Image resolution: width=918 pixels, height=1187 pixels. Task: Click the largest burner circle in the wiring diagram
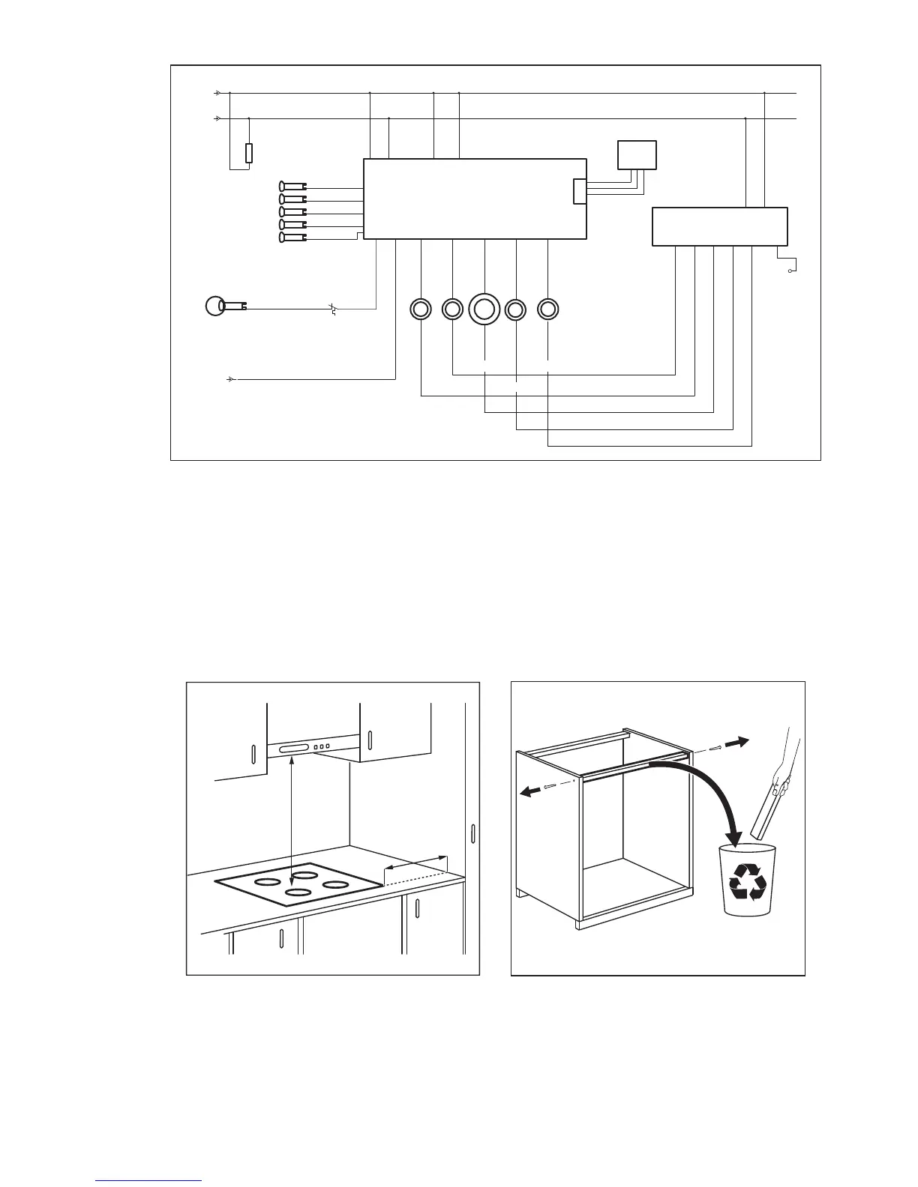[x=484, y=309]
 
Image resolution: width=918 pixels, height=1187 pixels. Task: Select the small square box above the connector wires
[x=637, y=155]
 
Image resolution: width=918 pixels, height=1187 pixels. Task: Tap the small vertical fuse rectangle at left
[x=249, y=153]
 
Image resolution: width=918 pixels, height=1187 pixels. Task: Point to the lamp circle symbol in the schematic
[x=214, y=306]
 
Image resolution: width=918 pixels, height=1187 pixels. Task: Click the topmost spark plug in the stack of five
[x=292, y=186]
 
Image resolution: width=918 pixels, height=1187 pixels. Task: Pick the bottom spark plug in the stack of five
[x=292, y=238]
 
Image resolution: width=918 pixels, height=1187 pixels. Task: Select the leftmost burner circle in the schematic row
[x=421, y=309]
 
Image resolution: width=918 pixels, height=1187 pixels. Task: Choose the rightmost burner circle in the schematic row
[x=548, y=309]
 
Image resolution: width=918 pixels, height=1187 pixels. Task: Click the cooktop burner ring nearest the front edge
[x=299, y=893]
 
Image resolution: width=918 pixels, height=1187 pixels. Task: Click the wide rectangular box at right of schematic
[x=719, y=226]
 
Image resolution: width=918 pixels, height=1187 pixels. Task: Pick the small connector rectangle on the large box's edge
[x=580, y=191]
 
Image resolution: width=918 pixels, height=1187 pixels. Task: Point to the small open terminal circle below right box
[x=790, y=271]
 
